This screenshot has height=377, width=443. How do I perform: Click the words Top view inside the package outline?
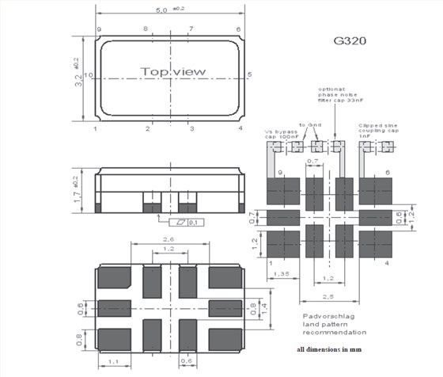pyautogui.click(x=173, y=72)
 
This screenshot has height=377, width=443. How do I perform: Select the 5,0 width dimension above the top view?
pyautogui.click(x=165, y=10)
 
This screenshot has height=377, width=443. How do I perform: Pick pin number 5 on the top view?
pyautogui.click(x=249, y=75)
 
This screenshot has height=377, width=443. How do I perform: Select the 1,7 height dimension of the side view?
pyautogui.click(x=78, y=192)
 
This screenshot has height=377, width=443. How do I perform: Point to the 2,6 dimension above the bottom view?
pyautogui.click(x=168, y=239)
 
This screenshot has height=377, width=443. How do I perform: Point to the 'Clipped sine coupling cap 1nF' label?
pyautogui.click(x=377, y=129)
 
